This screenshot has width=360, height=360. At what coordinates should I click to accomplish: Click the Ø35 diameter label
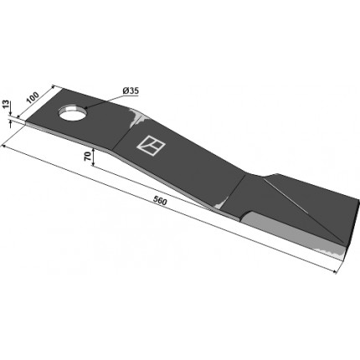click(131, 91)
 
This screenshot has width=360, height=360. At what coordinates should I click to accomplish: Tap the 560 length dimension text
click(160, 201)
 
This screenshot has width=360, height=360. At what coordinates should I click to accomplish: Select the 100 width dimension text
click(33, 97)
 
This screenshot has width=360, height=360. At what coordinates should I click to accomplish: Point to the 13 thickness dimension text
click(6, 105)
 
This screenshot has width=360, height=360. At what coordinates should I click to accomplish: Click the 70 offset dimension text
click(87, 157)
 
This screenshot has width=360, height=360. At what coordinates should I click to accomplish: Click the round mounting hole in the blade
click(73, 113)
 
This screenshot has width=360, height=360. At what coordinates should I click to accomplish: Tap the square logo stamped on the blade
click(151, 145)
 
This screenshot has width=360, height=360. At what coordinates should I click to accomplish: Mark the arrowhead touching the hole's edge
click(86, 108)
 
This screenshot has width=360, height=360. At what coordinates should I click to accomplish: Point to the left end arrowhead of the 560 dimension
click(4, 146)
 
